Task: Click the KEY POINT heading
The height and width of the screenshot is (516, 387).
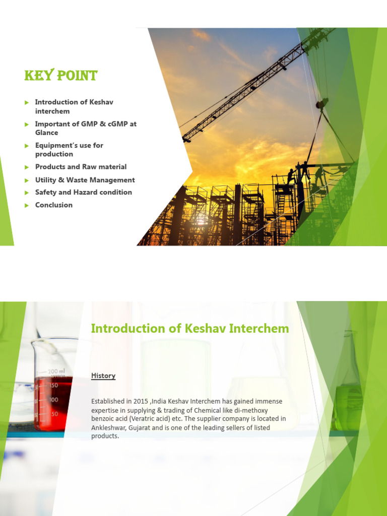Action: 60,76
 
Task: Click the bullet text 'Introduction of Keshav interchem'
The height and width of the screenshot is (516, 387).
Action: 74,106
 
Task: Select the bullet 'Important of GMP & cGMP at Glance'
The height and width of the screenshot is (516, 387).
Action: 85,128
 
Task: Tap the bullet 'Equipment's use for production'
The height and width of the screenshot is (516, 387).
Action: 69,150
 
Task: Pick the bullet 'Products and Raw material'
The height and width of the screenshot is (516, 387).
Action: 81,167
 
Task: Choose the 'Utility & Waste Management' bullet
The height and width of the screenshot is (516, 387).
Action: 85,180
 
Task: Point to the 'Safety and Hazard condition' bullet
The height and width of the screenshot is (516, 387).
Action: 83,192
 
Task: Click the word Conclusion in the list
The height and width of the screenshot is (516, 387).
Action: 53,205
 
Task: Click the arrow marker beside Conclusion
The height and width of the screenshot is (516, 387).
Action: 27,205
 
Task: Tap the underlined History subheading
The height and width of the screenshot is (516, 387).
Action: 103,376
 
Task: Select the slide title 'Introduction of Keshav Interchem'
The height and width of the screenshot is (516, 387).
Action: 189,329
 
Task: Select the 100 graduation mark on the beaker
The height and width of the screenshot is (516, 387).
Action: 52,400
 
